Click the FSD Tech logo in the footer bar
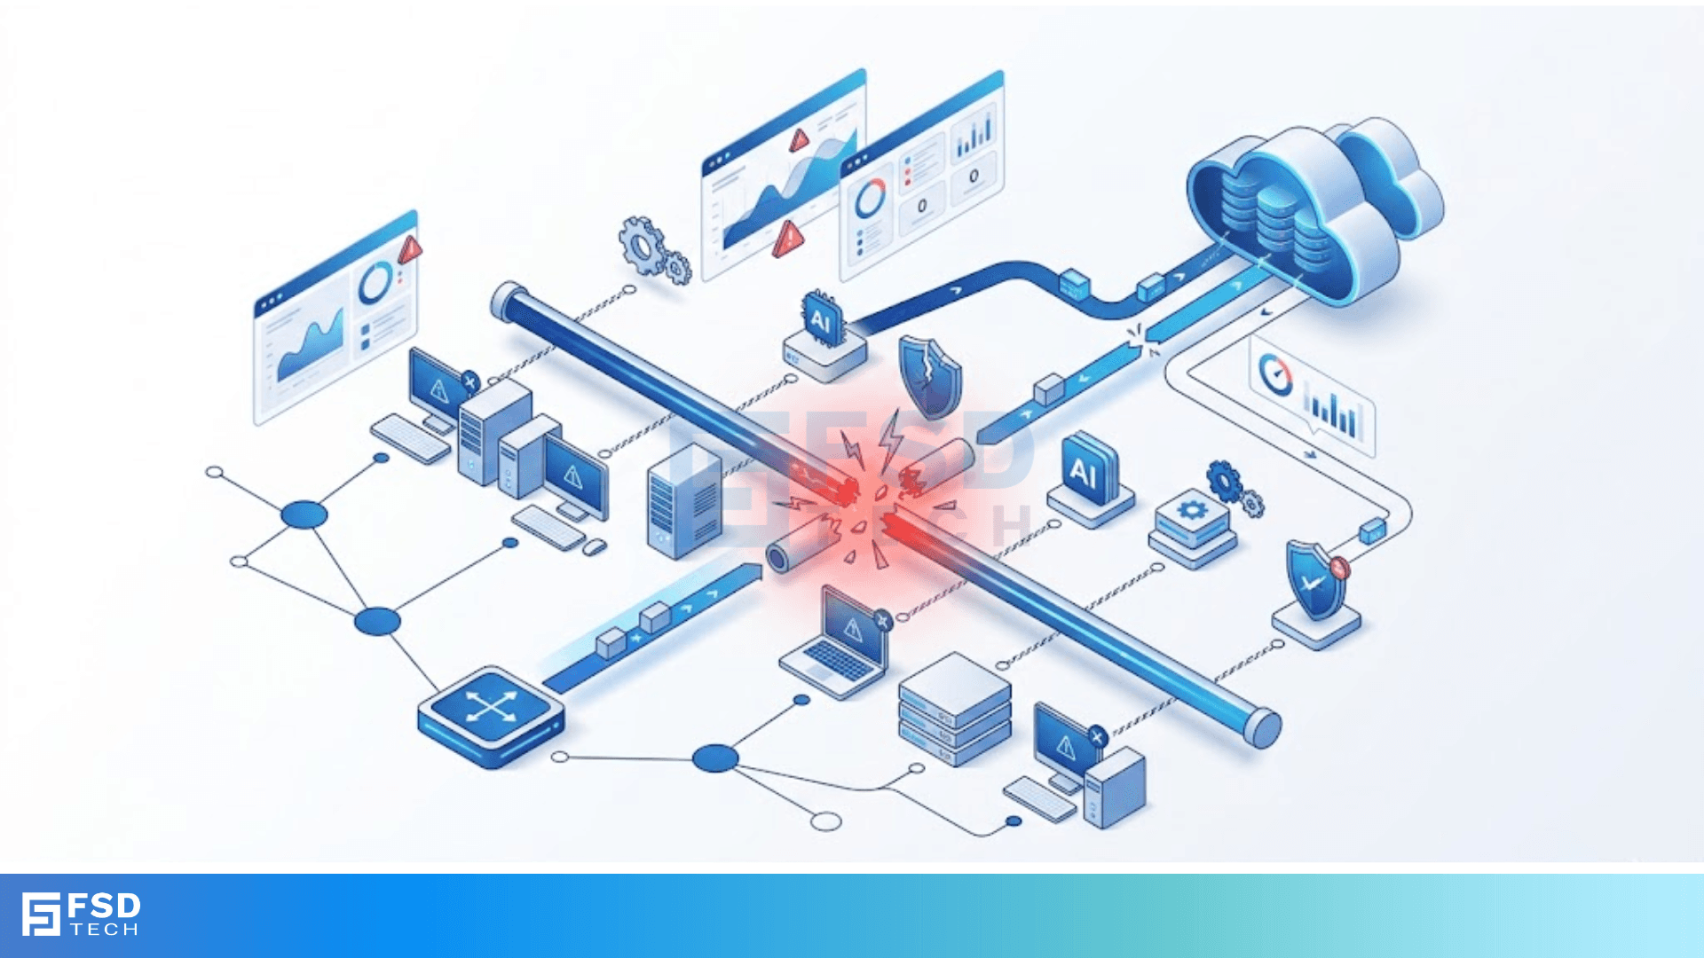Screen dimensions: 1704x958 point(81,915)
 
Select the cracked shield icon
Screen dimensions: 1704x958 point(929,376)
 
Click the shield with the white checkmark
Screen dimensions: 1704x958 point(1315,580)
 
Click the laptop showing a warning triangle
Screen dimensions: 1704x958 point(837,640)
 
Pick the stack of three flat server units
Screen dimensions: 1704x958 point(955,709)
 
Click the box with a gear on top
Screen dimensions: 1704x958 point(1193,530)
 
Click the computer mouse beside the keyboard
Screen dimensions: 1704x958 point(595,547)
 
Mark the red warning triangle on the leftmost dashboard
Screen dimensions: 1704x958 point(409,250)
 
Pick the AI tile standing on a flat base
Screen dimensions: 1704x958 point(1090,480)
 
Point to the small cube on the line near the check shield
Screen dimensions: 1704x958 point(1372,531)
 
